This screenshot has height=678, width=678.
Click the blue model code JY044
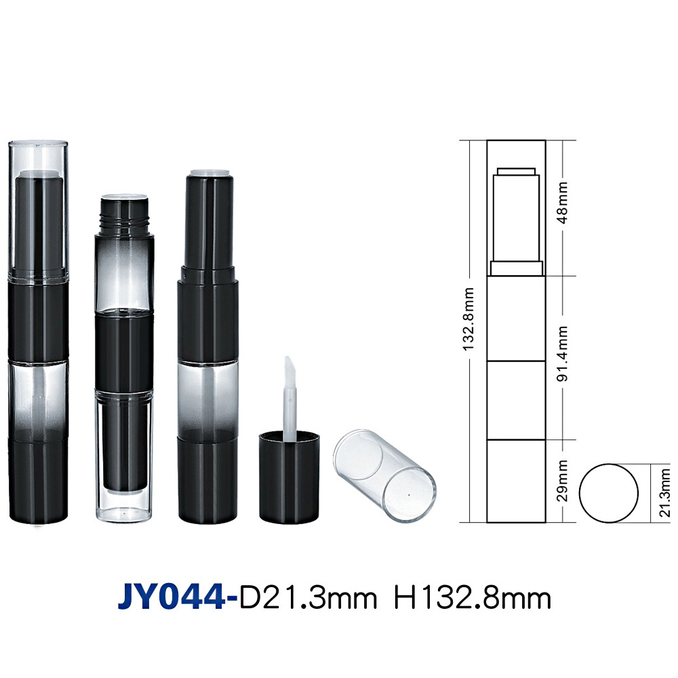[172, 598]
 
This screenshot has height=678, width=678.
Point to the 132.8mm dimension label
[468, 319]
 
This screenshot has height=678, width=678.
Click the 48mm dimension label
[563, 203]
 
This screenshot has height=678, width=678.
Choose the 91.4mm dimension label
[563, 354]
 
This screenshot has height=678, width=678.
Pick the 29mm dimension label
[562, 481]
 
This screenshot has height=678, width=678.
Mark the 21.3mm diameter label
[664, 493]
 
